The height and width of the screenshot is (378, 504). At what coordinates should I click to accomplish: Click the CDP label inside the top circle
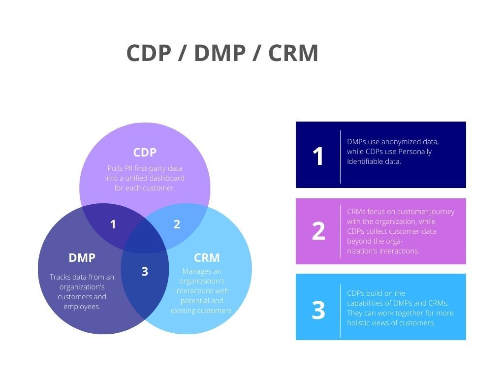[x=145, y=153]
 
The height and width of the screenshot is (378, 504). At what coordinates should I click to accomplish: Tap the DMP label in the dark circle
[x=82, y=257]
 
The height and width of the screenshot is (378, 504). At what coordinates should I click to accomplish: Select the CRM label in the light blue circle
[x=207, y=257]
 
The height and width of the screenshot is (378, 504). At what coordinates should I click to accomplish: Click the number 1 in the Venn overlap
[x=113, y=224]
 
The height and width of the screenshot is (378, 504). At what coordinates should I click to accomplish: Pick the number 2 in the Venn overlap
[x=177, y=224]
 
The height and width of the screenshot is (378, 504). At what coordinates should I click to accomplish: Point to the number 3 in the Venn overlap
[x=145, y=271]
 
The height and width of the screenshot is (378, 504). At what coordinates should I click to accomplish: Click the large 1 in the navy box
[x=318, y=156]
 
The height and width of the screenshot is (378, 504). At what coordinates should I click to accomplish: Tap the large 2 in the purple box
[x=318, y=231]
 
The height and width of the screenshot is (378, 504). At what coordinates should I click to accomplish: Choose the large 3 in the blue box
[x=318, y=310]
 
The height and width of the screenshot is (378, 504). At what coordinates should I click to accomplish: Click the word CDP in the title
[x=148, y=53]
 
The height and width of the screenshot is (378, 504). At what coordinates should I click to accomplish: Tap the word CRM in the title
[x=293, y=53]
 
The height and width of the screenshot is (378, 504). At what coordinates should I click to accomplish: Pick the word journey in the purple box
[x=441, y=212]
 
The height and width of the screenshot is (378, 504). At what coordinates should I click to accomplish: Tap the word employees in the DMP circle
[x=81, y=307]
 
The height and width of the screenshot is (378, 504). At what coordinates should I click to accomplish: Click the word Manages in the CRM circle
[x=195, y=271]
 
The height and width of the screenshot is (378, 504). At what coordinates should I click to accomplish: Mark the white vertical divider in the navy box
[x=341, y=157]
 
